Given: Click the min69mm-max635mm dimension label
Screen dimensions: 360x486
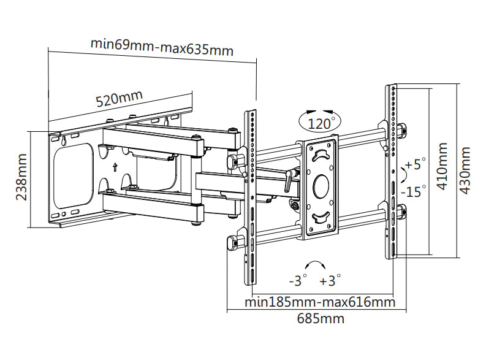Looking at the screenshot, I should (x=162, y=47).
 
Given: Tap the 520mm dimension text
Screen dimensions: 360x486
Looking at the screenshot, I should (x=119, y=99).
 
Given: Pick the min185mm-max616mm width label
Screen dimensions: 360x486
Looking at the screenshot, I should (x=319, y=302).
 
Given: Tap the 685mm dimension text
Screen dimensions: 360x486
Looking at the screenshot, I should (x=321, y=318).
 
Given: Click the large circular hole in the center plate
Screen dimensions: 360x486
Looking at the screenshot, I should (x=321, y=185).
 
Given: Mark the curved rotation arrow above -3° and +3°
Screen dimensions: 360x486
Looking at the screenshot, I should (x=315, y=264).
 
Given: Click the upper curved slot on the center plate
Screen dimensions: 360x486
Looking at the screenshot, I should (x=321, y=156).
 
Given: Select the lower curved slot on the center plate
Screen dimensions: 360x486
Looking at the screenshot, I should (x=321, y=216).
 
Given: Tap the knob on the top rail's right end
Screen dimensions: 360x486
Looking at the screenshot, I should (x=401, y=131).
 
